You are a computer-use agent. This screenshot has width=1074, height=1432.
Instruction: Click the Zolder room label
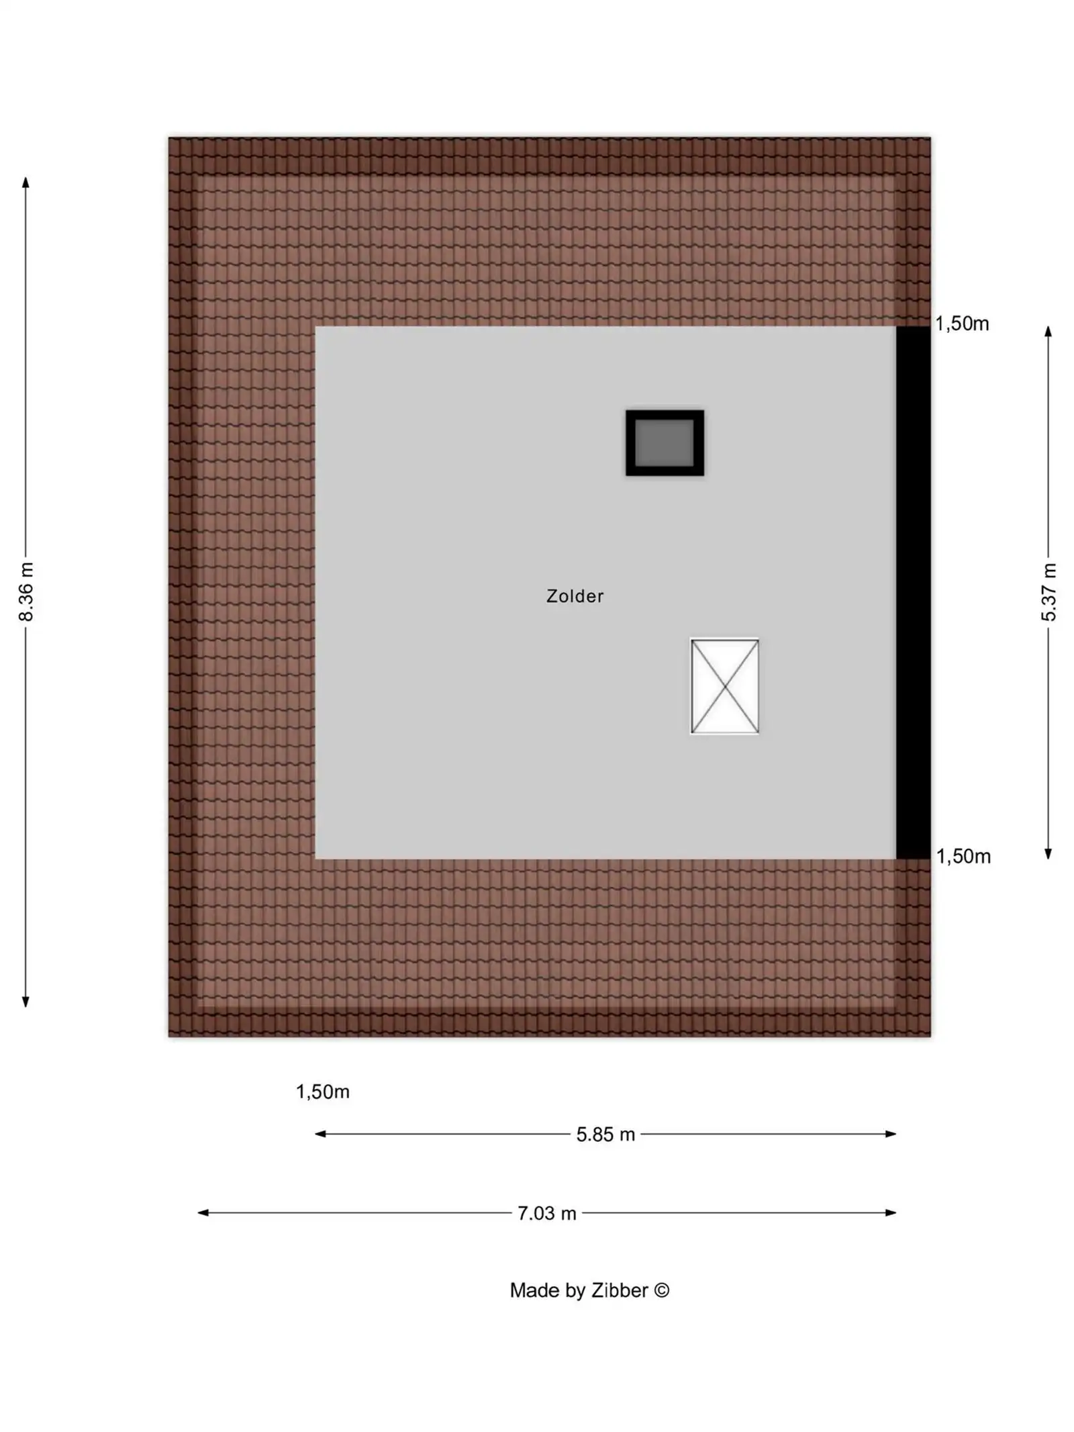[575, 596]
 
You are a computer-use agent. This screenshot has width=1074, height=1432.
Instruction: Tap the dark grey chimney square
[665, 443]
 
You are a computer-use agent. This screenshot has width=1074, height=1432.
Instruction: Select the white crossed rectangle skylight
[724, 685]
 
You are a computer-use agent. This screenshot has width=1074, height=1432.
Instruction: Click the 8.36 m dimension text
[26, 592]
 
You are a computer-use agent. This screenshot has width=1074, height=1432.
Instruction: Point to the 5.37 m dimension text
[1048, 592]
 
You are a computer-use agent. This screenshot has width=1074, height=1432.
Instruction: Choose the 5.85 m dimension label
[605, 1135]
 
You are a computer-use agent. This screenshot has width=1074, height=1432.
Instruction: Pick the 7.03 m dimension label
[546, 1213]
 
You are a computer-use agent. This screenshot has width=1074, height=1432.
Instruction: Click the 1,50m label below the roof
[323, 1092]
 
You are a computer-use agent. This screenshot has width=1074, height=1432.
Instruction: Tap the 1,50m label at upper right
[962, 324]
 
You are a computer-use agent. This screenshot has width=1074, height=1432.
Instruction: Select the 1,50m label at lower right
[963, 856]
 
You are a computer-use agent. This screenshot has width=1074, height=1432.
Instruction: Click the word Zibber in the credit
[619, 1290]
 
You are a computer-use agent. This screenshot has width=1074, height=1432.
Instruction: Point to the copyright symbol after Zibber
[661, 1290]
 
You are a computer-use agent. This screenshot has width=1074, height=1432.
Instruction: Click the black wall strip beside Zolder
[913, 592]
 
